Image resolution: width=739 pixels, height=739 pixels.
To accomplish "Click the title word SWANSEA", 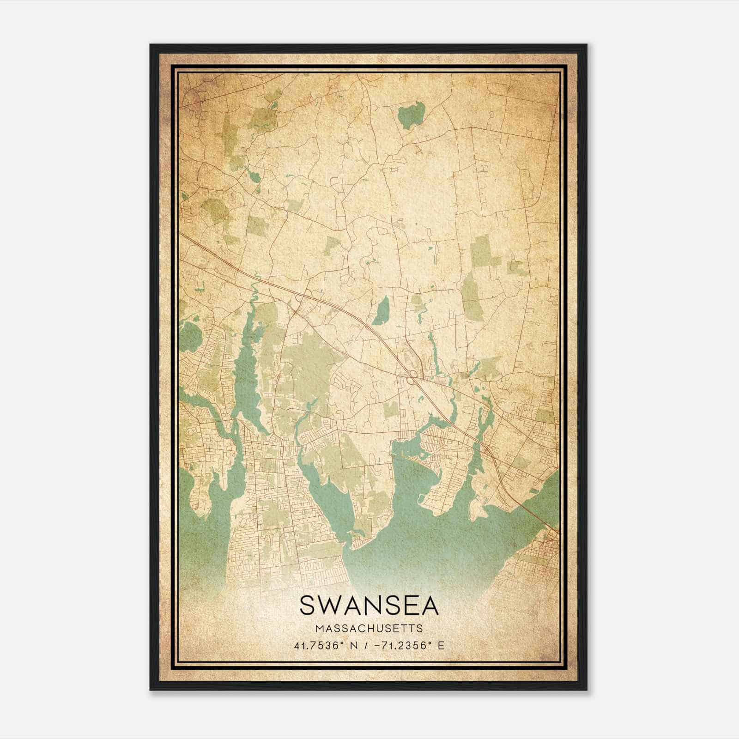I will (x=369, y=605).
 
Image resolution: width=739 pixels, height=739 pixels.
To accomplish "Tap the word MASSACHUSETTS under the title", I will (x=369, y=628).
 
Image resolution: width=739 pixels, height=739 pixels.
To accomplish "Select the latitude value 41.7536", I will (x=319, y=645).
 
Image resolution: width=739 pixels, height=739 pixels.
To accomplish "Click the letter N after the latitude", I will (x=355, y=645).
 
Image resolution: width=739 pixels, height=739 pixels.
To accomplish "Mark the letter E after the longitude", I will (x=441, y=645).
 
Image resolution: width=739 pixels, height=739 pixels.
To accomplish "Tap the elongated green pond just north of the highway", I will (x=382, y=310).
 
